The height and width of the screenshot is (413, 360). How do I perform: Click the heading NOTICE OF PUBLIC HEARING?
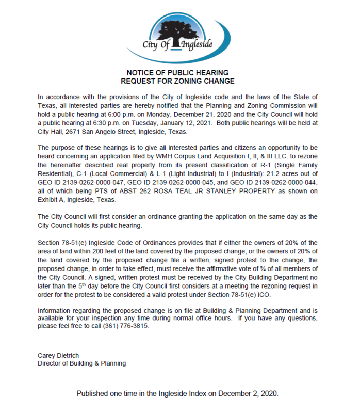[177, 73]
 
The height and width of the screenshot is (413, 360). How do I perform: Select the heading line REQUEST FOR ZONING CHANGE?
[177, 81]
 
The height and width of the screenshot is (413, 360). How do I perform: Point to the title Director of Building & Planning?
[82, 363]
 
